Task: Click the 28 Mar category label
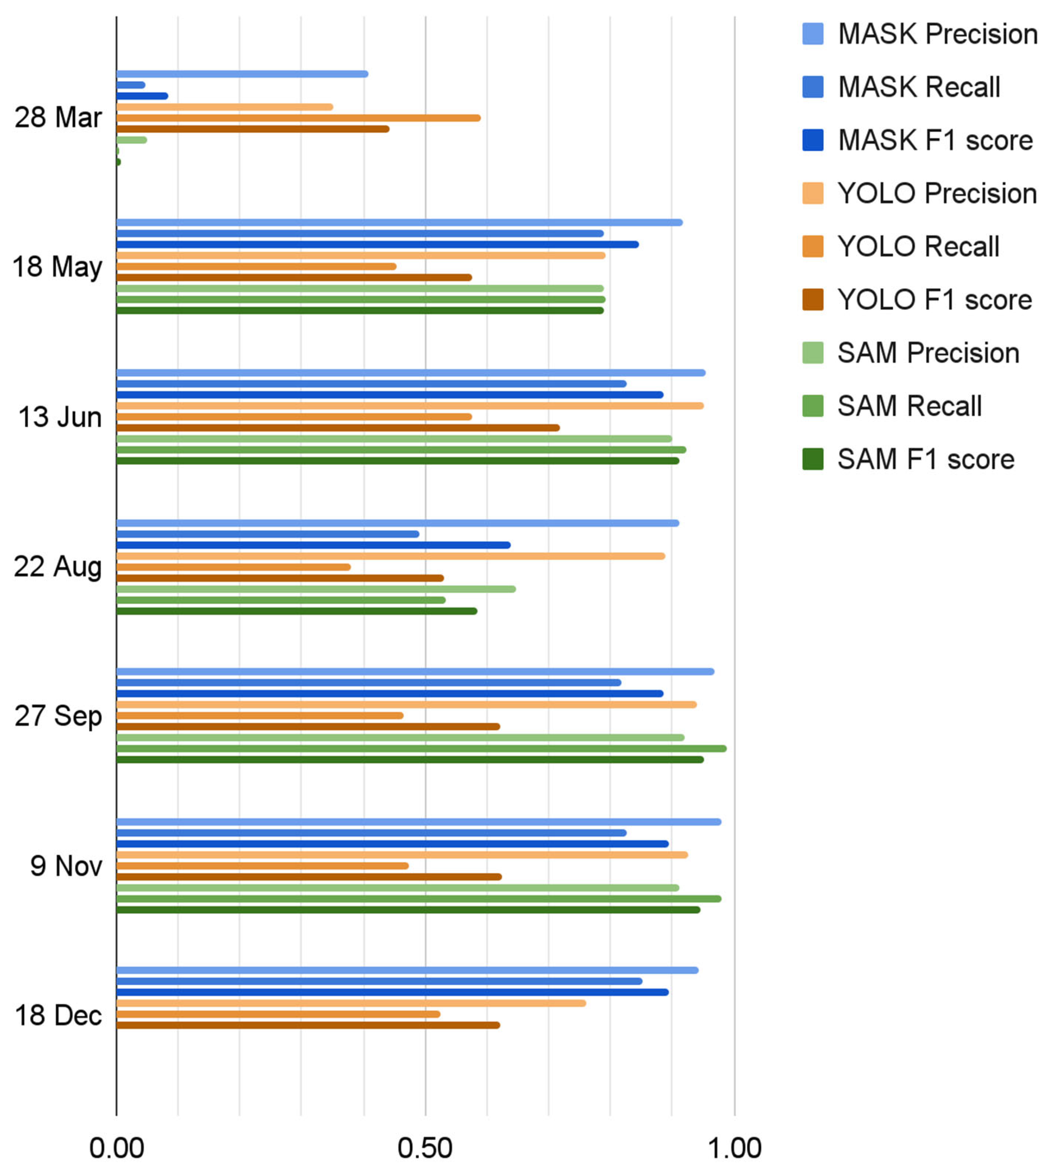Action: coord(58,117)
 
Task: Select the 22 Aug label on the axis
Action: coord(58,567)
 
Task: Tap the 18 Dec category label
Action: coord(58,1016)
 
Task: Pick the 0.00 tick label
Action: coord(116,1148)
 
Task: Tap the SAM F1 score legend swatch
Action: coord(812,459)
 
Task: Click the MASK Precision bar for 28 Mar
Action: coord(242,74)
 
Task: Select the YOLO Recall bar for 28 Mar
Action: coord(298,118)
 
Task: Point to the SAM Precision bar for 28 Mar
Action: coord(131,140)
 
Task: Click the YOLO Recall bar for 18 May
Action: coord(256,266)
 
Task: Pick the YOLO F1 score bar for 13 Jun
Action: coord(338,428)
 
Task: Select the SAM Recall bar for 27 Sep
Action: coord(421,749)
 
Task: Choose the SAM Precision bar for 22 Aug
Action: coord(316,589)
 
